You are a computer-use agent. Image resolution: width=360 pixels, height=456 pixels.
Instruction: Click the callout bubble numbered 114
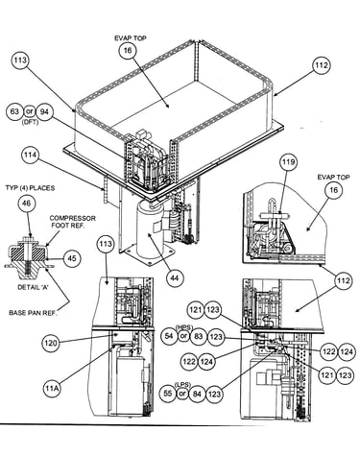point(31,156)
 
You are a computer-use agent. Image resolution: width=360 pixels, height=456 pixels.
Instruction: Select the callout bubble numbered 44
point(174,277)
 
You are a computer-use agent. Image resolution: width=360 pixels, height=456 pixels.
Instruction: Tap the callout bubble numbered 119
point(287,162)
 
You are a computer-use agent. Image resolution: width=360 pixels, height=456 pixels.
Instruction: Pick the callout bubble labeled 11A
point(52,388)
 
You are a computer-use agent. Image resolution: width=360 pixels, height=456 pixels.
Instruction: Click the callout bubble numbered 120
point(51,344)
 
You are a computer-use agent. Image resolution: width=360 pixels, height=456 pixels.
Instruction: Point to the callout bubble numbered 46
point(27,204)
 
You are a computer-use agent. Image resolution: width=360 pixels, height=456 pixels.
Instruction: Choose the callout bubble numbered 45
point(72,258)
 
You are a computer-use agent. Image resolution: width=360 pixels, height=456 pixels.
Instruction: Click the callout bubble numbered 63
point(14,111)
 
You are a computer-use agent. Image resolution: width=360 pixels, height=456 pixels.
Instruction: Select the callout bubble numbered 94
point(44,111)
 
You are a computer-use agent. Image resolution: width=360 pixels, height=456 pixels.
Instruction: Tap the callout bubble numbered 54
point(169,336)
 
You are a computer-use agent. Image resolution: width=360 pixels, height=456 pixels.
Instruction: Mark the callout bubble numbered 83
point(199,336)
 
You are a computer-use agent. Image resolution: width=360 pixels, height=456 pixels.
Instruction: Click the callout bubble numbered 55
point(168,394)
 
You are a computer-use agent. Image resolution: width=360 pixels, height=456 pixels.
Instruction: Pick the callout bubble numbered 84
point(198,394)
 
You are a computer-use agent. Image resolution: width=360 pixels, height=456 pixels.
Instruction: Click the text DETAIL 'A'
point(32,287)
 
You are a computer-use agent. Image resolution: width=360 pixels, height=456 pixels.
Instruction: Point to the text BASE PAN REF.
point(33,312)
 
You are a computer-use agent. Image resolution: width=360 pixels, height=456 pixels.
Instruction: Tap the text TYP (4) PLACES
point(30,188)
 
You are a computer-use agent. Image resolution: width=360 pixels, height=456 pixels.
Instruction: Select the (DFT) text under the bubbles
point(30,122)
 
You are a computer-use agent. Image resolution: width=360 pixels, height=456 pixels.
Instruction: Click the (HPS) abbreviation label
point(183,327)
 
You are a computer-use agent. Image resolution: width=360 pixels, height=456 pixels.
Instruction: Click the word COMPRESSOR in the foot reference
point(73,218)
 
